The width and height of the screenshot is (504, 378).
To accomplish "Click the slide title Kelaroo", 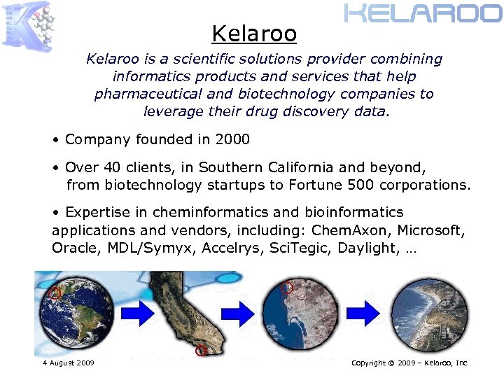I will click(x=254, y=34).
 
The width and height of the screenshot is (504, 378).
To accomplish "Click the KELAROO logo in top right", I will click(x=423, y=13).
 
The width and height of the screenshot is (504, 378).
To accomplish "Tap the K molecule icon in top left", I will click(x=28, y=24).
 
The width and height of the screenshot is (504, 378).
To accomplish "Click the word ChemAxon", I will click(x=345, y=230).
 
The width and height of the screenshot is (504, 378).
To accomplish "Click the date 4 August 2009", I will click(x=68, y=363).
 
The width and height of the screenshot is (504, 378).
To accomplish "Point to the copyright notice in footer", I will click(x=409, y=363).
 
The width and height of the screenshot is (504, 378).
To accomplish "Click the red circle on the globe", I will click(x=55, y=293).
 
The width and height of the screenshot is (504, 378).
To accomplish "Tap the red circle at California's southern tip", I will click(x=202, y=350).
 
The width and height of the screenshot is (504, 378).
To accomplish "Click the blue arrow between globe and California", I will click(x=141, y=313).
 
